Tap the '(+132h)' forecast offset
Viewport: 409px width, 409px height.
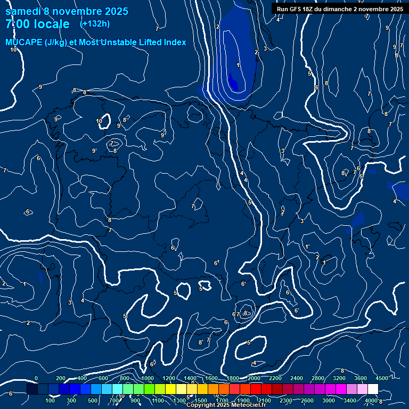95,23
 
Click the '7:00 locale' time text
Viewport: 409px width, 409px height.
37,24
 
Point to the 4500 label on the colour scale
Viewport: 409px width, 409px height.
381,378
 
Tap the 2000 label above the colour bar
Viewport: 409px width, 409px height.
253,378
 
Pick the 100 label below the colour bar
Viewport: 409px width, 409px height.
50,400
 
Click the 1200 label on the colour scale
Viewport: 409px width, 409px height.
169,378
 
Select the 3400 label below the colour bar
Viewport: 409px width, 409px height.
351,400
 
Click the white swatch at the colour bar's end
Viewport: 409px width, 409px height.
373,389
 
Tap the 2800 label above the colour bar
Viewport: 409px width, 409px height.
318,378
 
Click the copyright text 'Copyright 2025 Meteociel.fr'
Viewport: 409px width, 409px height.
226,405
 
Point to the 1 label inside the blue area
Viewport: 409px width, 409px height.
238,65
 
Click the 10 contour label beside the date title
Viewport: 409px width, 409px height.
13,50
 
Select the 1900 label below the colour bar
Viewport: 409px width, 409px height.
244,400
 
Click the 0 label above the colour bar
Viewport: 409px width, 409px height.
36,378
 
